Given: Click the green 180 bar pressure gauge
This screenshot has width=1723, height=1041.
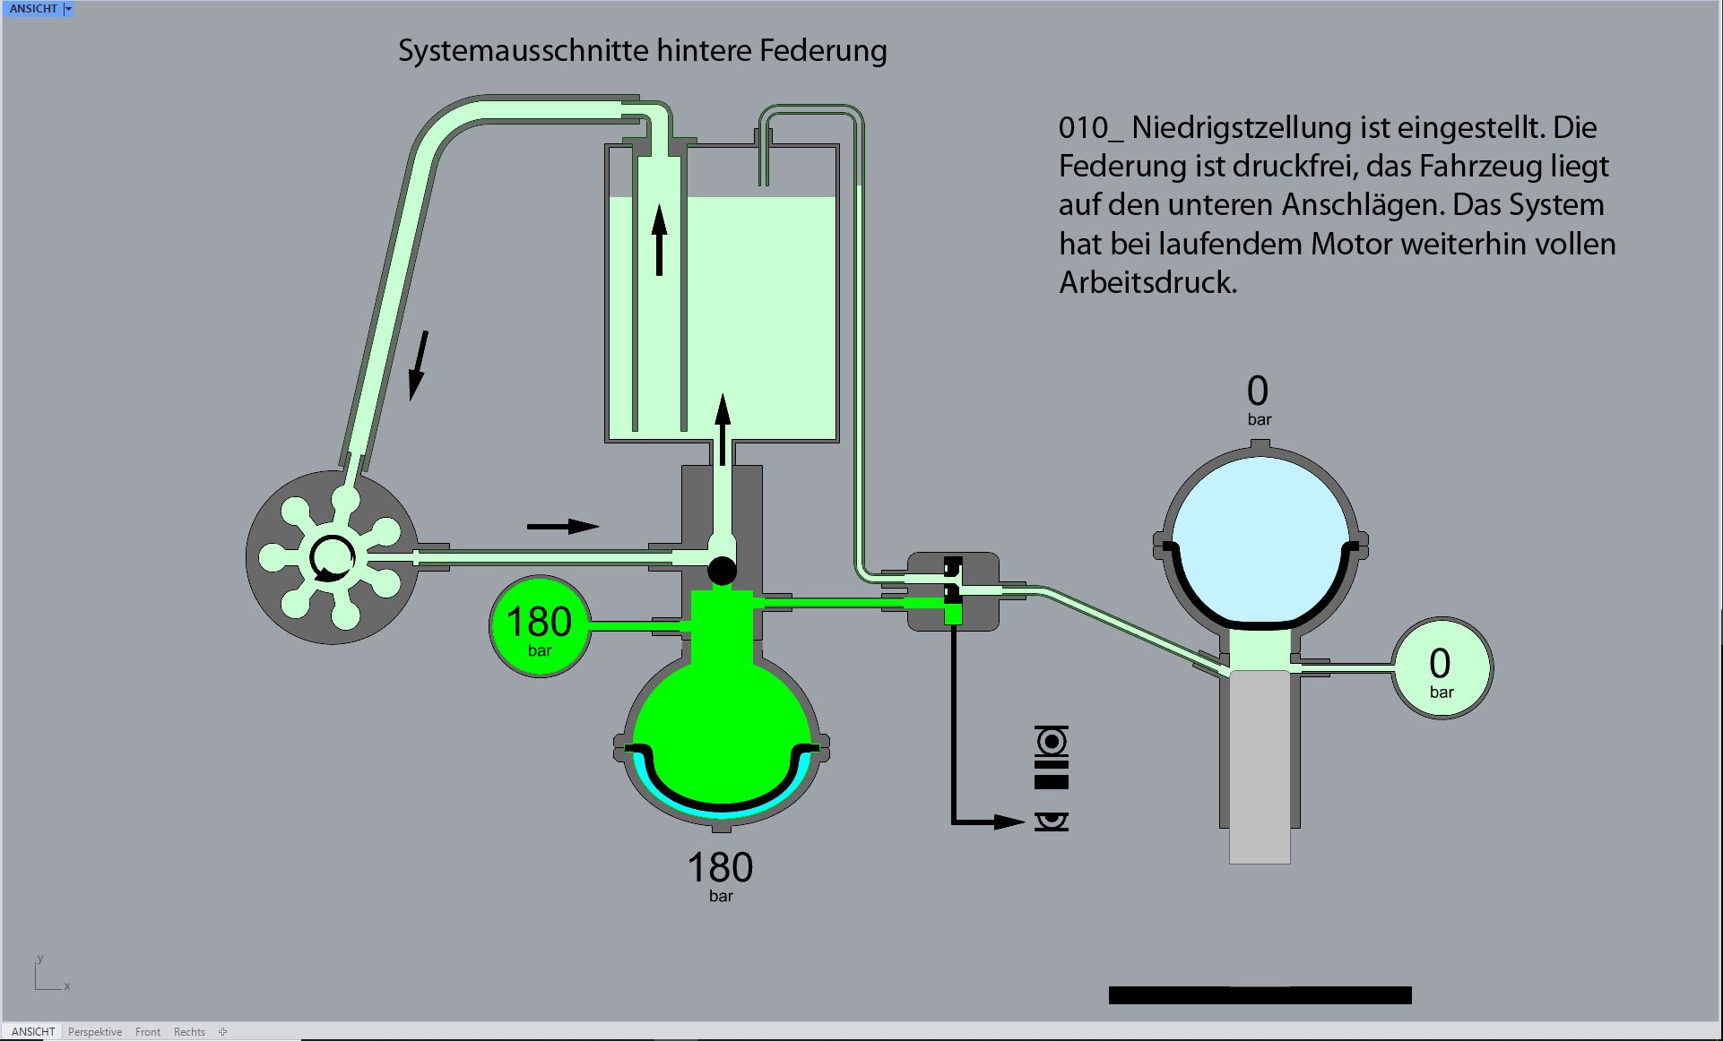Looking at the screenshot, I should coord(539,626).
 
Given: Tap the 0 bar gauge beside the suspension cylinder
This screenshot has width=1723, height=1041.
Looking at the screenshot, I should coord(1441,668).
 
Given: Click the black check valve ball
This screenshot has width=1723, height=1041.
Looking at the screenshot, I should coord(722,570).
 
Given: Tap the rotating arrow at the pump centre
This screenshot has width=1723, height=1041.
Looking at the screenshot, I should coord(331,558).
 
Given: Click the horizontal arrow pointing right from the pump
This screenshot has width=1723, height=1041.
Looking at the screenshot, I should coord(563,526).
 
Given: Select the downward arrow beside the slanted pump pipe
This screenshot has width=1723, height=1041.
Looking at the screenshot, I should coord(418,366).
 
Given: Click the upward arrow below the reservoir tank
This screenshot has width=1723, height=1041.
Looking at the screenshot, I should coord(723,428).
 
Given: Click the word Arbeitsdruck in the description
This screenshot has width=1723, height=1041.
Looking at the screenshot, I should coord(1147,283).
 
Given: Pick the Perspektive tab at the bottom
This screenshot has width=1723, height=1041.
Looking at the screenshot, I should coord(95,1032).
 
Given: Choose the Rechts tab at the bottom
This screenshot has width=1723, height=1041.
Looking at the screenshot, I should coord(189,1032).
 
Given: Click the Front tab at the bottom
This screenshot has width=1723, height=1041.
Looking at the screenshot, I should coord(148,1032).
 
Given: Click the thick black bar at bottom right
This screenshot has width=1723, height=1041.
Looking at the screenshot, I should coord(1260,995).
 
